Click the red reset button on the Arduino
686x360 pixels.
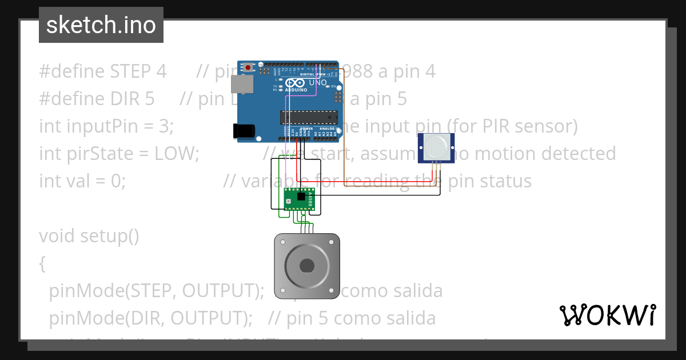[248, 67]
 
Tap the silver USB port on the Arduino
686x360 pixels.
[240, 85]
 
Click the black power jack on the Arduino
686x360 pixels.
[244, 131]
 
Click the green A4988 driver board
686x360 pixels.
[299, 198]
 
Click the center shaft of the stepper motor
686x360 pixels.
[307, 266]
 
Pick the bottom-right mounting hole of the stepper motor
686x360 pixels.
[333, 292]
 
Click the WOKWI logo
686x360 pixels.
[608, 315]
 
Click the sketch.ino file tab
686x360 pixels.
[101, 25]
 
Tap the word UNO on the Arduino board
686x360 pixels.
[318, 83]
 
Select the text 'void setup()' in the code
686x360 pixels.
[89, 236]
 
